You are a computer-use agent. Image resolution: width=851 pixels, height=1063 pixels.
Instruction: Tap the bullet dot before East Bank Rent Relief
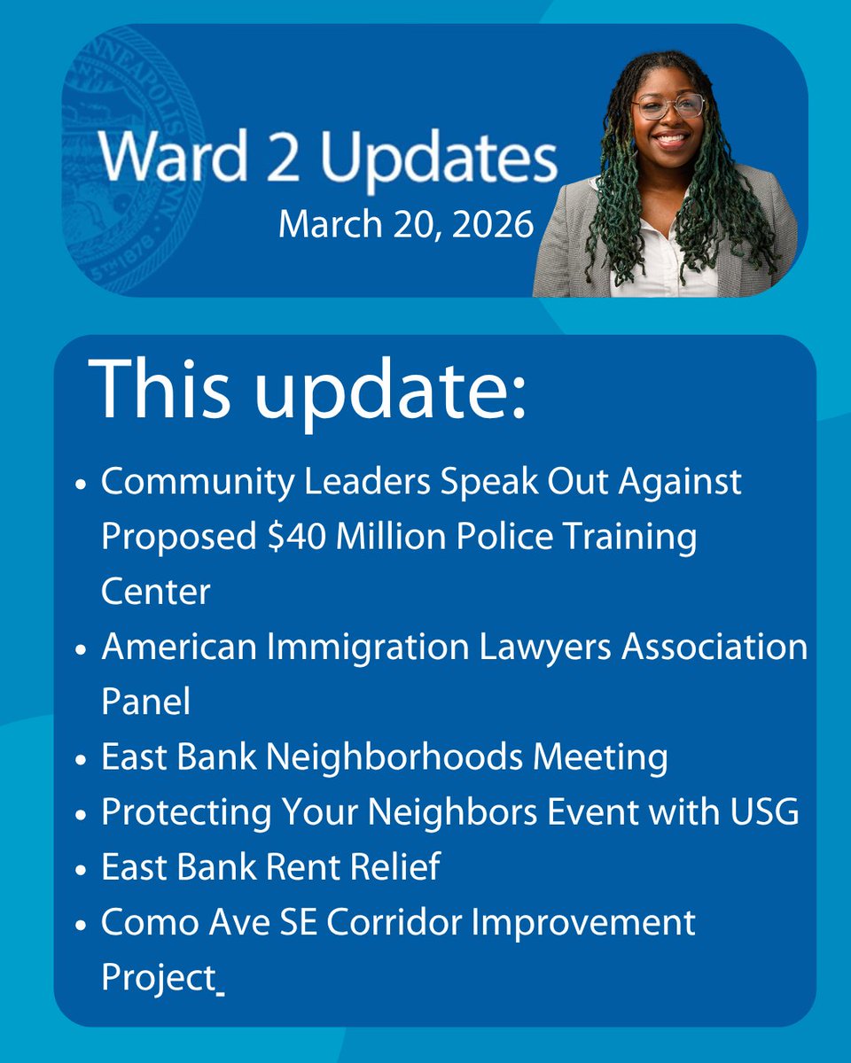(81, 869)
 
